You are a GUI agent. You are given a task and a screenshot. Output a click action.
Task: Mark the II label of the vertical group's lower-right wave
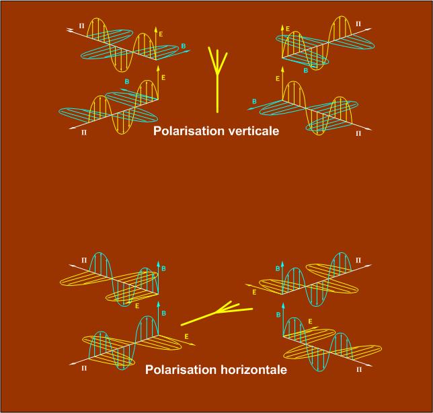[x=358, y=133]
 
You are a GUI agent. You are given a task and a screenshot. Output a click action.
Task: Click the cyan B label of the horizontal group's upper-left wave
[x=163, y=268]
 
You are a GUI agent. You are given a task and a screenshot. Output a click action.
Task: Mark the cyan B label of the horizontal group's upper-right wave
[x=277, y=269]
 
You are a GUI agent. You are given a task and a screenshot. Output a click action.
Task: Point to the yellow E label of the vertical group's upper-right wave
[x=288, y=29]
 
